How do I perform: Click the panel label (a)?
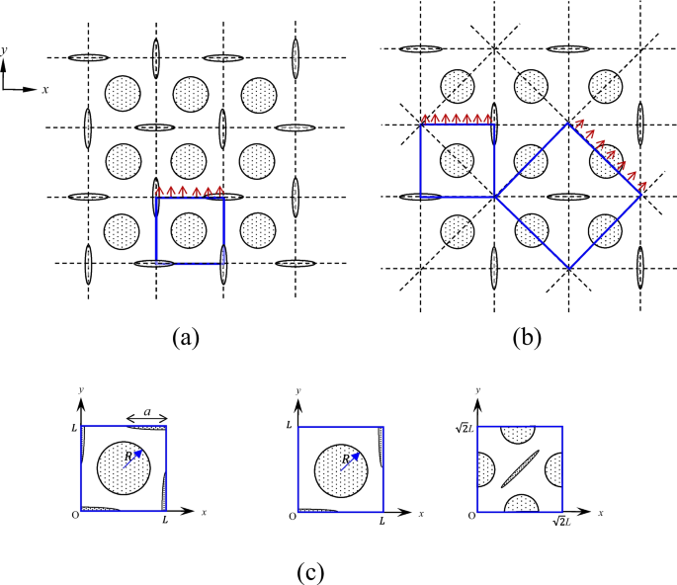pyautogui.click(x=183, y=338)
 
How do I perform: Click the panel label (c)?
pyautogui.click(x=309, y=570)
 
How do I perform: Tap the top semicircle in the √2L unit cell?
pyautogui.click(x=520, y=434)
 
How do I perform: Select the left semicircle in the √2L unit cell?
pyautogui.click(x=484, y=469)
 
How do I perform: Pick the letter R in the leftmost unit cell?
pyautogui.click(x=127, y=459)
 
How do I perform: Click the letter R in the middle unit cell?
pyautogui.click(x=344, y=459)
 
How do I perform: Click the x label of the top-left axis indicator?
pyautogui.click(x=45, y=89)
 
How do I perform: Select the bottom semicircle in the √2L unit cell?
pyautogui.click(x=520, y=504)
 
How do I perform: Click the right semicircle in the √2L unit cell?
pyautogui.click(x=555, y=469)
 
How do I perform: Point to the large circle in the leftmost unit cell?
pyautogui.click(x=125, y=469)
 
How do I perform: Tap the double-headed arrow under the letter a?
pyautogui.click(x=147, y=418)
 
